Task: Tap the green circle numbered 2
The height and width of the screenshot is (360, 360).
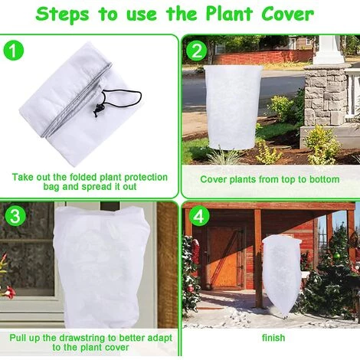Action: pyautogui.click(x=198, y=52)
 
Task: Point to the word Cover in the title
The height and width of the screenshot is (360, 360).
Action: pyautogui.click(x=284, y=14)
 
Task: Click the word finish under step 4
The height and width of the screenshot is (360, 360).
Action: pyautogui.click(x=273, y=338)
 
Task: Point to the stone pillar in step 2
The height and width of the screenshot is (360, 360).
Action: pyautogui.click(x=326, y=92)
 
